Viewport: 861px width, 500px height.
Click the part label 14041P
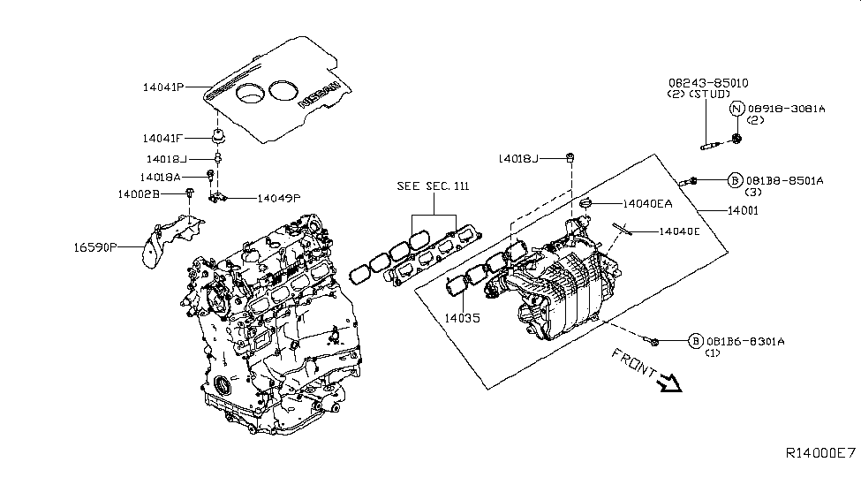pyautogui.click(x=162, y=87)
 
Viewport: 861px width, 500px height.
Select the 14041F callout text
pyautogui.click(x=162, y=138)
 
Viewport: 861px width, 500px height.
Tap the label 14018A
pyautogui.click(x=165, y=177)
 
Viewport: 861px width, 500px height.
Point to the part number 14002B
pyautogui.click(x=138, y=193)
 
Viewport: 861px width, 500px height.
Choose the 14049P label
pyautogui.click(x=279, y=199)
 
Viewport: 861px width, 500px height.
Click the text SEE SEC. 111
pyautogui.click(x=434, y=187)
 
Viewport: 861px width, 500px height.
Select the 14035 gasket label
pyautogui.click(x=462, y=315)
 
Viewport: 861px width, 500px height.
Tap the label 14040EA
pyautogui.click(x=648, y=203)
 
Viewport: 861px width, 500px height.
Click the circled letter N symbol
pyautogui.click(x=737, y=110)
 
